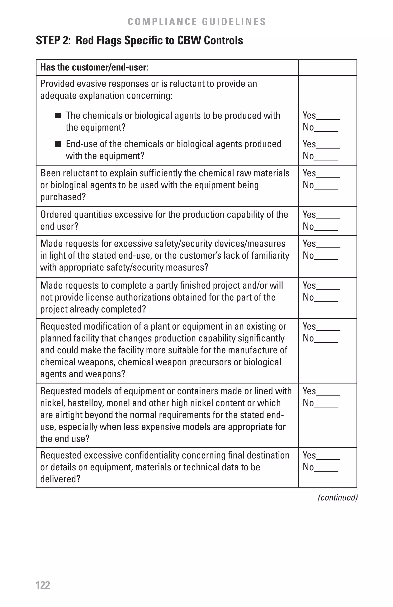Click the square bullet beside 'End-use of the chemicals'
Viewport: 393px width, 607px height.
pos(58,144)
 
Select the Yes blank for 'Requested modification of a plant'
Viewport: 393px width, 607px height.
pos(328,329)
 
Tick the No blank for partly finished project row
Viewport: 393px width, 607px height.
pos(326,300)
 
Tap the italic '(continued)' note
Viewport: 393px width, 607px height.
pos(337,497)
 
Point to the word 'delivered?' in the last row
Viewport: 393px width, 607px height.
pos(60,479)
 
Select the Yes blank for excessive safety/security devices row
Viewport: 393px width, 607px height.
pos(328,246)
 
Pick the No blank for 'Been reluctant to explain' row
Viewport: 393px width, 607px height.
pos(326,188)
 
